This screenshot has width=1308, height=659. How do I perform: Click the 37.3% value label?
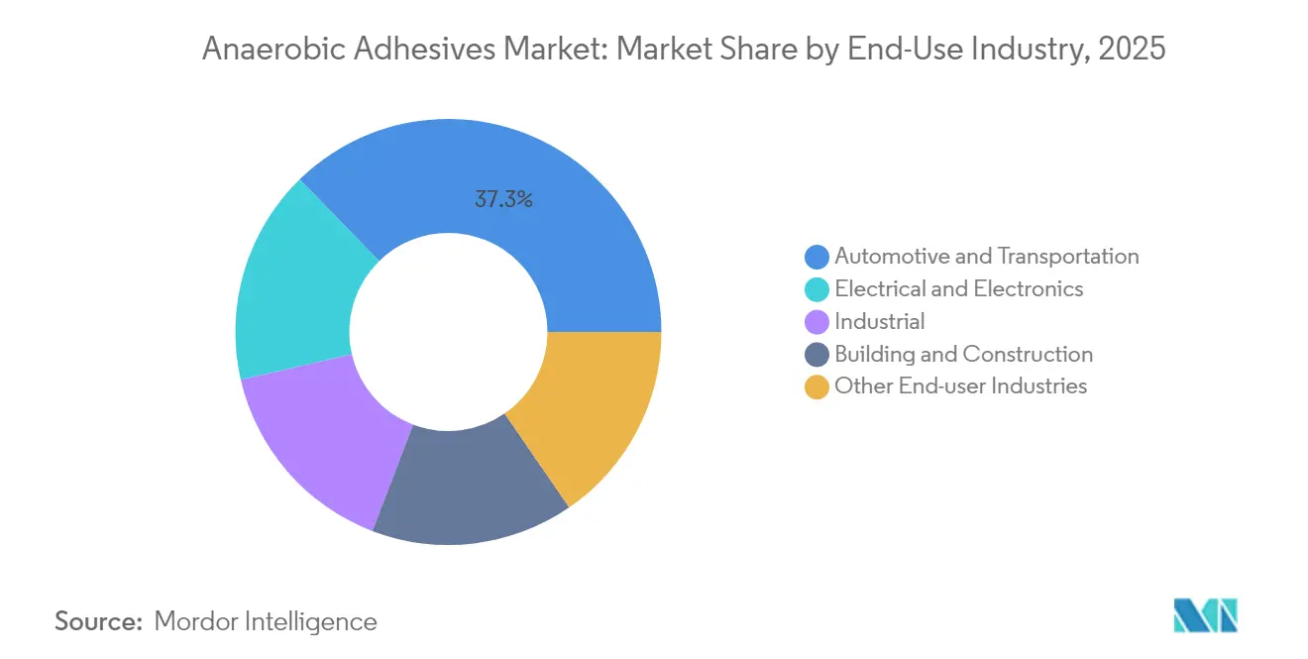[x=503, y=199]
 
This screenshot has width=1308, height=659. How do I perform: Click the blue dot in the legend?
[x=817, y=257]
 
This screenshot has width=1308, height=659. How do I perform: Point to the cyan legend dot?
[x=817, y=289]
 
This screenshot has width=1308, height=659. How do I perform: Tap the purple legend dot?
[x=817, y=322]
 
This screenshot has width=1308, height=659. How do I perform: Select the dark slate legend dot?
[x=817, y=355]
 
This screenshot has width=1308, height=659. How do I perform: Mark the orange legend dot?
[x=817, y=387]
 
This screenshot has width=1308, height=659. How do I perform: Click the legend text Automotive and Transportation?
[x=986, y=257]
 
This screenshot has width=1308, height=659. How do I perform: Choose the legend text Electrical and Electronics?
[x=958, y=289]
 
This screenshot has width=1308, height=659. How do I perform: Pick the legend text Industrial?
[x=879, y=322]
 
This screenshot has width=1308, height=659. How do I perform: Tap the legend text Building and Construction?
[x=963, y=355]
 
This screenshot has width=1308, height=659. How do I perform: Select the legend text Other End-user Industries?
[x=960, y=387]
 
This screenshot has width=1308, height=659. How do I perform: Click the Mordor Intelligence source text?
[x=266, y=621]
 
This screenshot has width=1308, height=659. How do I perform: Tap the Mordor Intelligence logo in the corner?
[x=1205, y=615]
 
